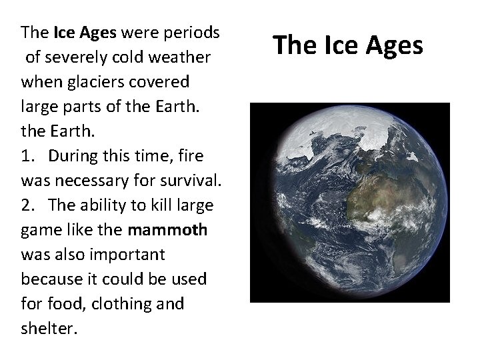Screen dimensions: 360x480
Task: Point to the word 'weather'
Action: (x=183, y=58)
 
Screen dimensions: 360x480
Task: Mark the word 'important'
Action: (x=122, y=255)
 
